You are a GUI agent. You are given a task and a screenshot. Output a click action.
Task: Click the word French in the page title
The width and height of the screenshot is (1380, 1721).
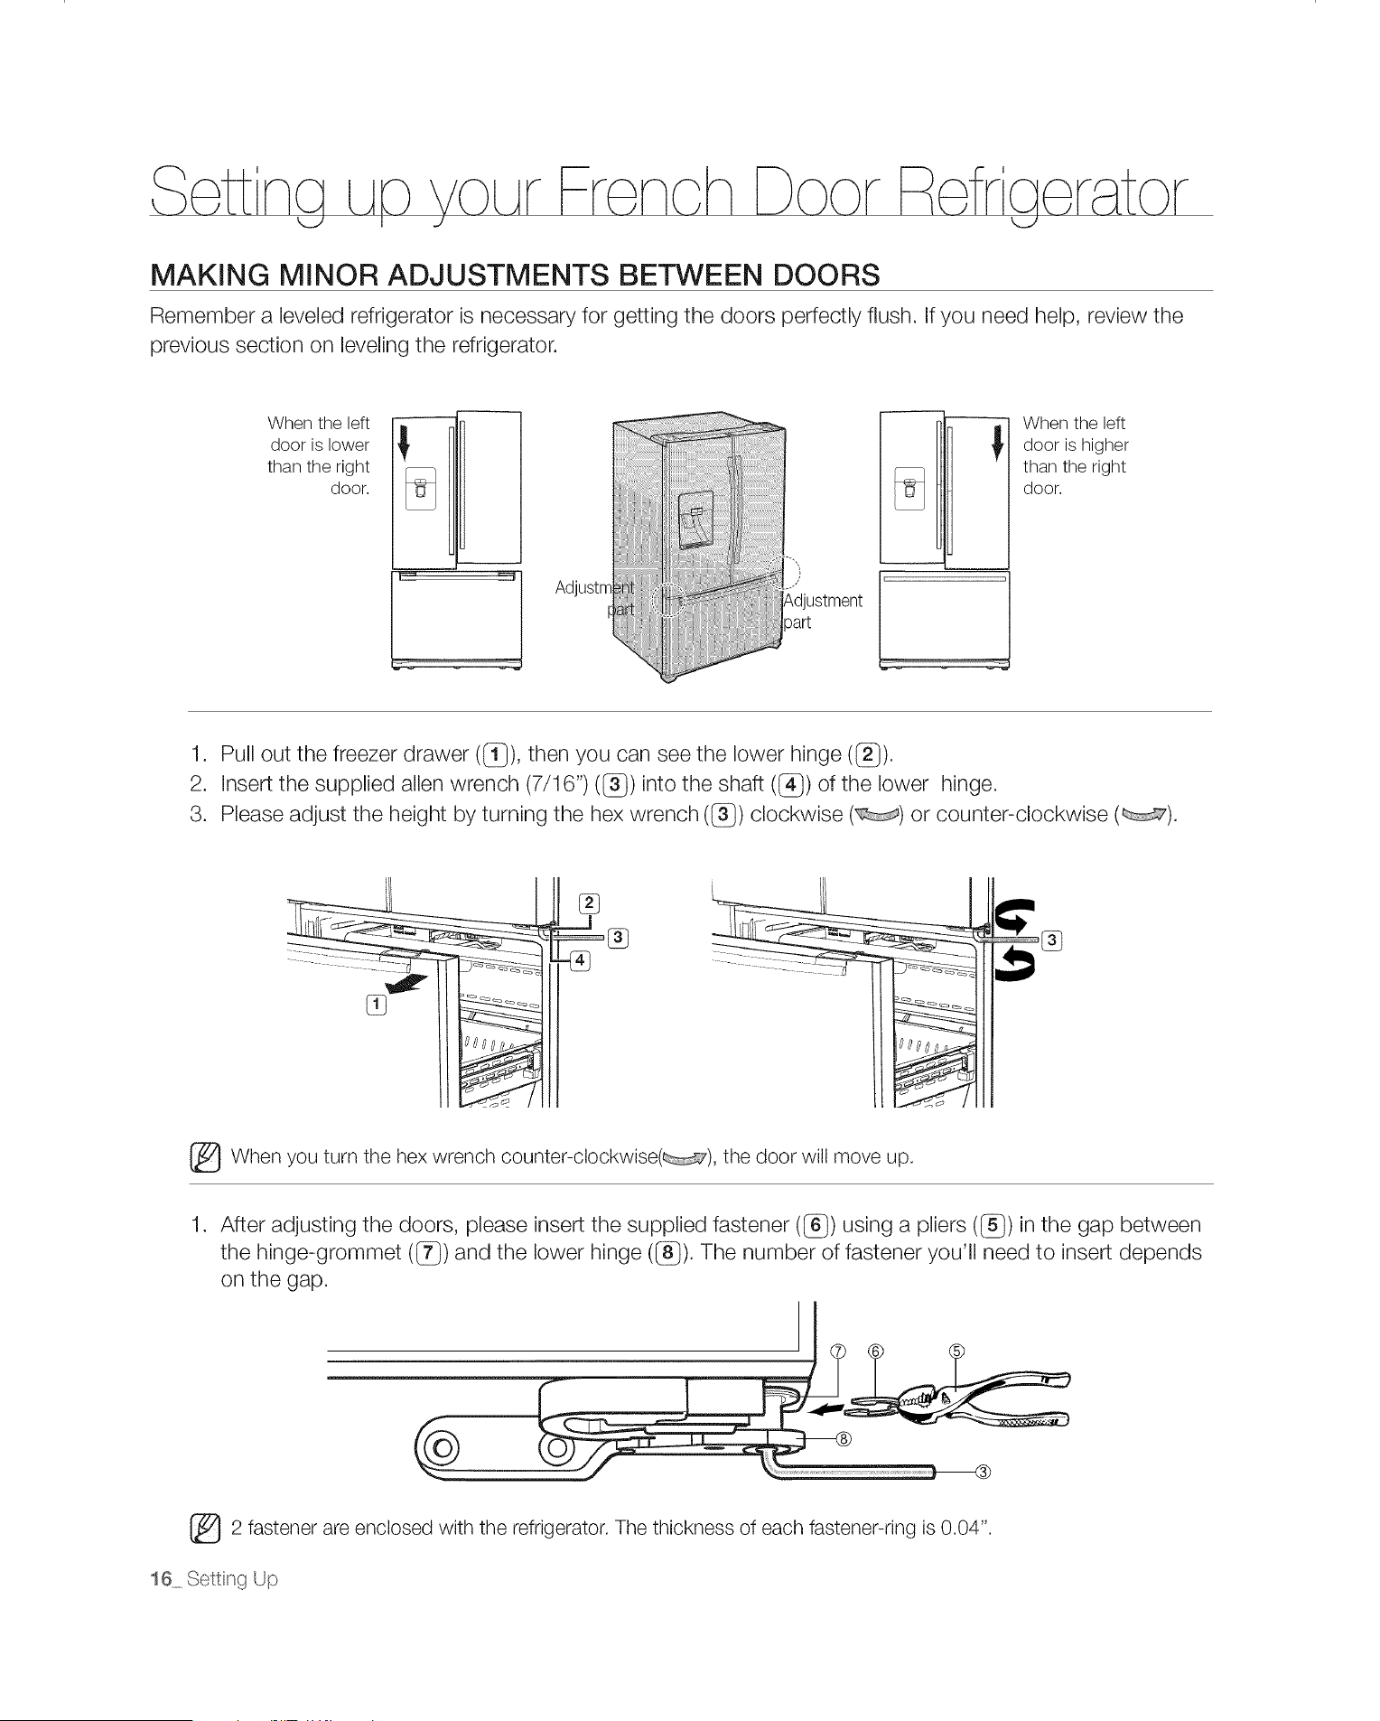click(651, 191)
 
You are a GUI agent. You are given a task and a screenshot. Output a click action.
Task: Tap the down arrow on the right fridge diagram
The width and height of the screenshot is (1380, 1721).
click(997, 440)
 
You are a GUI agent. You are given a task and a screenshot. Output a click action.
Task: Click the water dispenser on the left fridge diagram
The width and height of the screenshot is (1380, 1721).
click(421, 490)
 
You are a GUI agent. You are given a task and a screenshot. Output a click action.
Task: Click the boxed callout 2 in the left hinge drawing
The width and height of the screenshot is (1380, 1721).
click(589, 903)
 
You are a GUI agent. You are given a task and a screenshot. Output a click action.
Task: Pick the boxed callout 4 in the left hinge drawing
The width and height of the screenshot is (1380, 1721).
click(580, 959)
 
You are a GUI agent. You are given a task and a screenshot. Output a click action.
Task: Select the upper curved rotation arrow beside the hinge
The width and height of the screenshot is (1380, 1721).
click(1014, 917)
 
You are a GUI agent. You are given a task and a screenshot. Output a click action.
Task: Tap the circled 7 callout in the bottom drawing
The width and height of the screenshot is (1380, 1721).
click(839, 1352)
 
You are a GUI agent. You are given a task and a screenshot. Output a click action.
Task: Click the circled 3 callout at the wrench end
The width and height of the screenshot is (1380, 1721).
click(984, 1472)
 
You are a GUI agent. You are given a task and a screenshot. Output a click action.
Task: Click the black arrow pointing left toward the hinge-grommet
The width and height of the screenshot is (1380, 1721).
click(827, 1408)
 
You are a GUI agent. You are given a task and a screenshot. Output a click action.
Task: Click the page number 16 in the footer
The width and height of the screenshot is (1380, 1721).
click(161, 1579)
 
